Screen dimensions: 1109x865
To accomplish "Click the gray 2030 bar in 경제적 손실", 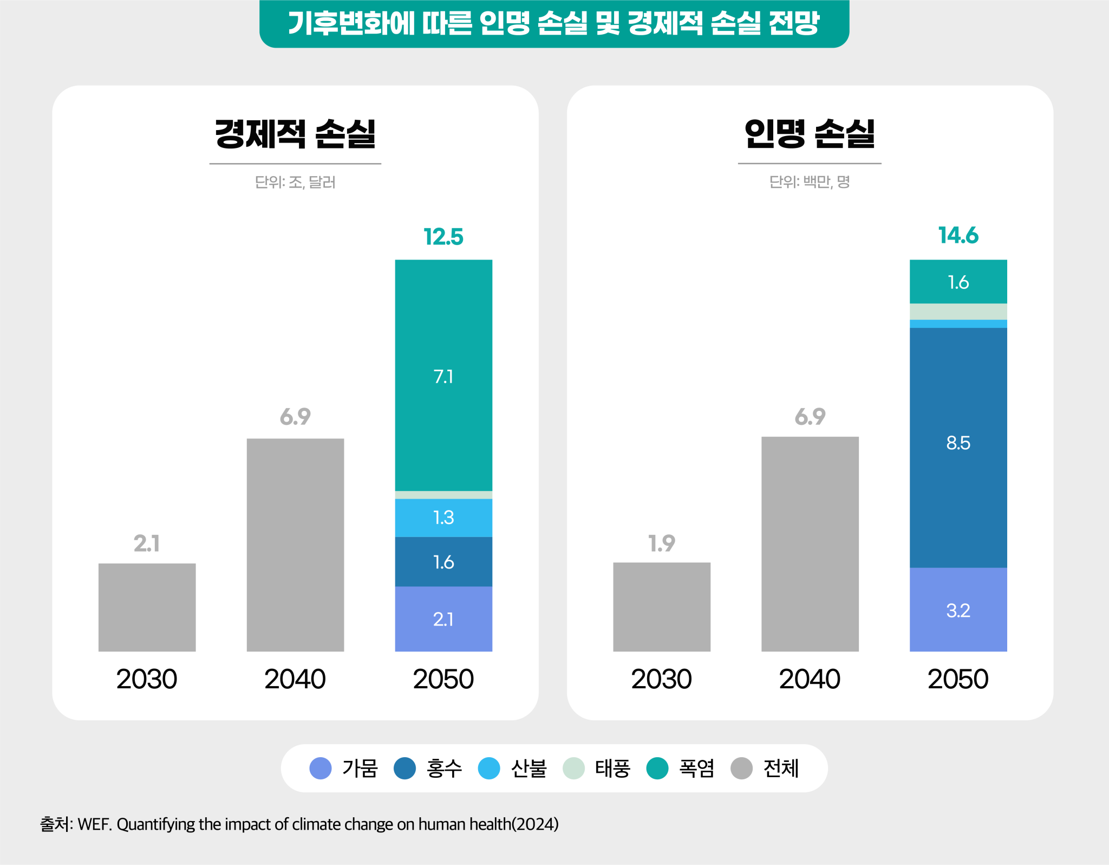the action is (x=147, y=607).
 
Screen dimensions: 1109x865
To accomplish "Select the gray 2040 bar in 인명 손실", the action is (x=810, y=544).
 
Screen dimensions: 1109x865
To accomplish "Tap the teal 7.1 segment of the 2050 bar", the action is (x=443, y=375).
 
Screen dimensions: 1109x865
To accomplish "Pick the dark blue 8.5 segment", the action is (x=958, y=448).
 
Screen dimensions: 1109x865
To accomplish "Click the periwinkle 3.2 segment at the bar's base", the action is (x=958, y=610).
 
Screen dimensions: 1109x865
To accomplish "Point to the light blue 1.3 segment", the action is (x=443, y=518).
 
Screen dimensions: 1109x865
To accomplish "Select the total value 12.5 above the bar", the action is (x=443, y=237).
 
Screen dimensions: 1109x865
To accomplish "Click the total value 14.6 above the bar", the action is (x=958, y=235).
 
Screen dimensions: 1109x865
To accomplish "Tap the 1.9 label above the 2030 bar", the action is (x=662, y=543).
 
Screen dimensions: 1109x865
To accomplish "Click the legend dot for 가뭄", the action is (x=321, y=768).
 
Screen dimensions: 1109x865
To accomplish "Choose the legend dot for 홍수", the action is (x=405, y=768).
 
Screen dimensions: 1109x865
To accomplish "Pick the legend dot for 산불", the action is (x=489, y=768).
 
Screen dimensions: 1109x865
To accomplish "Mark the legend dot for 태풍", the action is (x=573, y=768).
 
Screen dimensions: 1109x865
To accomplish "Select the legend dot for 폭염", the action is (x=657, y=768).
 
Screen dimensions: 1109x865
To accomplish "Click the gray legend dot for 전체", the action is (x=742, y=768).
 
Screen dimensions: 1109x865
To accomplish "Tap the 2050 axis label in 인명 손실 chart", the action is (x=958, y=679).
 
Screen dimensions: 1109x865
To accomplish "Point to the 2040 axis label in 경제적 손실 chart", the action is (x=295, y=679).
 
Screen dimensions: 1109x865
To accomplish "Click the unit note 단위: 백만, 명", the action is (x=810, y=182).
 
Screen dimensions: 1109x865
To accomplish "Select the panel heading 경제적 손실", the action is (x=295, y=134).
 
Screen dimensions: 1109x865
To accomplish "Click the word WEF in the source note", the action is (x=94, y=824).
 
